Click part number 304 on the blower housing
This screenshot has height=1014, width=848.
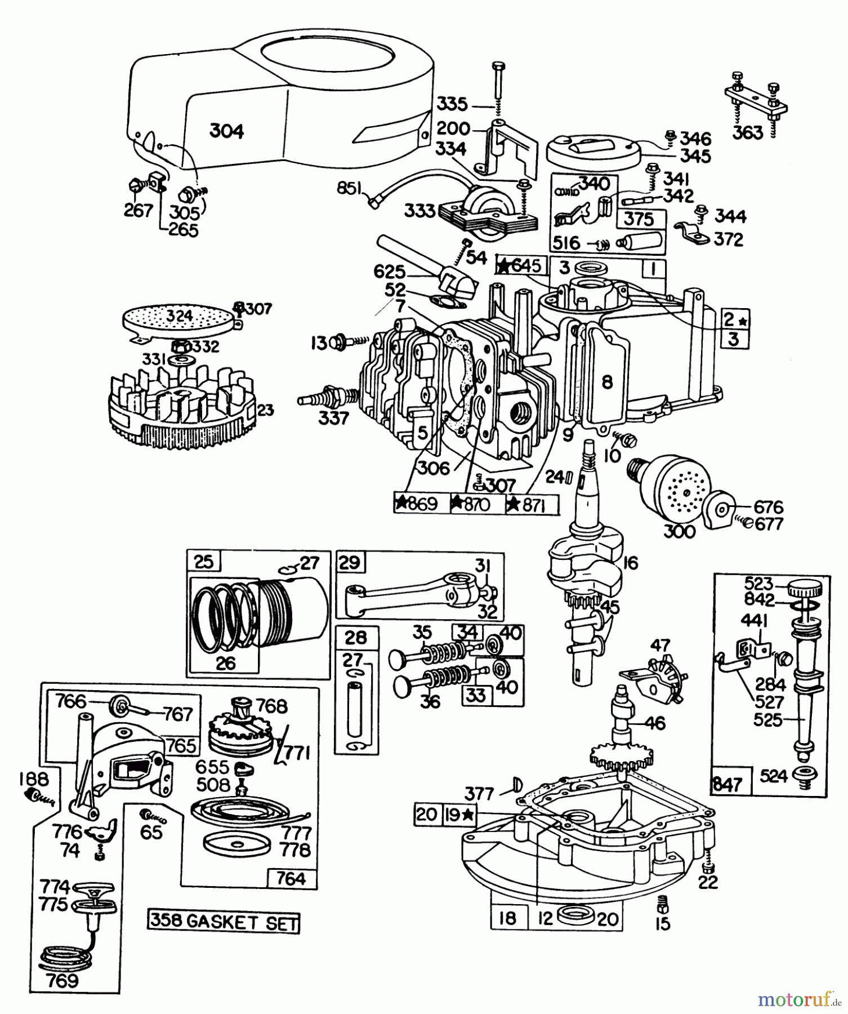coord(226,131)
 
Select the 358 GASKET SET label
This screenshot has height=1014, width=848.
coord(224,922)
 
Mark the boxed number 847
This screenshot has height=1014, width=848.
coord(727,784)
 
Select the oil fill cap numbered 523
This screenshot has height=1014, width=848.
coord(805,590)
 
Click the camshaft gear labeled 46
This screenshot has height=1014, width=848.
coord(624,732)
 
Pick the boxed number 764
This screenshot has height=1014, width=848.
coord(291,878)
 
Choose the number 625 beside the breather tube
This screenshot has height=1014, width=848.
coord(390,272)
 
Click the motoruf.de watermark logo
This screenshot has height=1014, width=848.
coord(799,1000)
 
